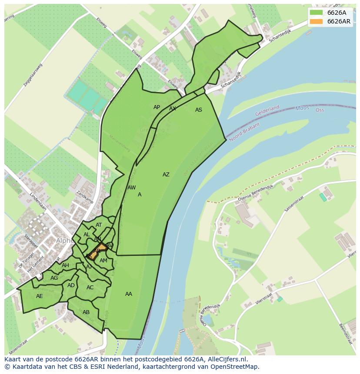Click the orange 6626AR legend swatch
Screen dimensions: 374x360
point(316,22)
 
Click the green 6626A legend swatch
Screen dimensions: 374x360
point(316,13)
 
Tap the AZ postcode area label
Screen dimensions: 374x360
point(166,175)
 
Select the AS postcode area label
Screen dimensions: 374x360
point(199,110)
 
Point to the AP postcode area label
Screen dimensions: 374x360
point(157,107)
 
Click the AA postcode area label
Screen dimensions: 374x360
point(129,294)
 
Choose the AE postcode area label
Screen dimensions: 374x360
point(40,296)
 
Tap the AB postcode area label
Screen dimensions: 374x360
point(86,312)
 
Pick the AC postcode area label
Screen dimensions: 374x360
point(90,288)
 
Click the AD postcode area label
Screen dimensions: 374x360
point(71,285)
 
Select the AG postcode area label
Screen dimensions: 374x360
point(54,278)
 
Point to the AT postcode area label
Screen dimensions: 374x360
point(99,225)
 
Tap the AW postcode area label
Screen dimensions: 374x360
point(131,188)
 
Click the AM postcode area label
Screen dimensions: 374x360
point(103,261)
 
